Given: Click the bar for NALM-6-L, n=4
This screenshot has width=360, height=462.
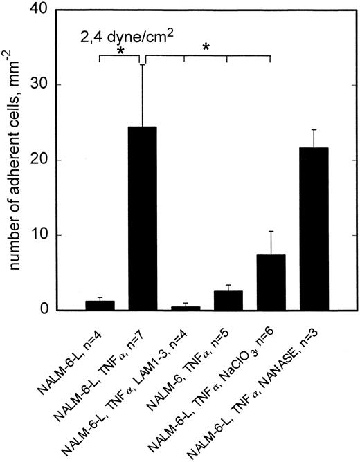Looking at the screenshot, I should (100, 305).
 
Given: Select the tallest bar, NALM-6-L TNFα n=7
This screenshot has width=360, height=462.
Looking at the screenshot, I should (143, 219).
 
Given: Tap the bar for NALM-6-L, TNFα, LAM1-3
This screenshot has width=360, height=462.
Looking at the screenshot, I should (185, 308).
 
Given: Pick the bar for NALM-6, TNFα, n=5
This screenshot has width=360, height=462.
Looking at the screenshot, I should (228, 301).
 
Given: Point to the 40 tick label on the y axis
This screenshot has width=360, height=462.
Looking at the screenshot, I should (60, 10).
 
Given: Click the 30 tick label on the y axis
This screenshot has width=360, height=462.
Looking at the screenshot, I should (60, 85).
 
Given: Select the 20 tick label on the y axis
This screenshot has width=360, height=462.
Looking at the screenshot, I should (60, 160).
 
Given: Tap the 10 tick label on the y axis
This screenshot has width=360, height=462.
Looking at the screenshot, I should (60, 235).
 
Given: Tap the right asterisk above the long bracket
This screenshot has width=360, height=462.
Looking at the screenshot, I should (206, 48).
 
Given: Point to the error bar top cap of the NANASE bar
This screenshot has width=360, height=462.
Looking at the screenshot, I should (313, 129).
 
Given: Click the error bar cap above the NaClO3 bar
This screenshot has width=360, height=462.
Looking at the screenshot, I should (270, 231).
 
